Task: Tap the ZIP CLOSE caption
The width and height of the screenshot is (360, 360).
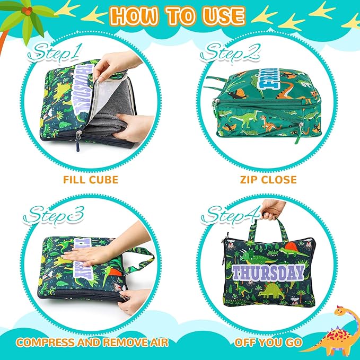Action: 267,180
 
